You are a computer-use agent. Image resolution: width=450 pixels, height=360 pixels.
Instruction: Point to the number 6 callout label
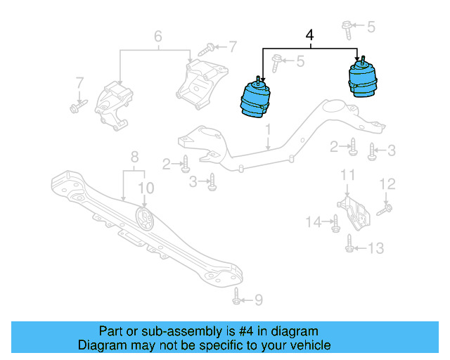click(157, 36)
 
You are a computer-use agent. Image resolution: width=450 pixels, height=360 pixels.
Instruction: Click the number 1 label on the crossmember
click(268, 129)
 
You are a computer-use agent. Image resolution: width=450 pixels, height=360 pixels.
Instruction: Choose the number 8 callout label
click(134, 157)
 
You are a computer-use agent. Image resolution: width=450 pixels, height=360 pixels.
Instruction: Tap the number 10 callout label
click(145, 188)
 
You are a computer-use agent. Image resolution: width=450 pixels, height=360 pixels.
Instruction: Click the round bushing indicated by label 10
click(145, 219)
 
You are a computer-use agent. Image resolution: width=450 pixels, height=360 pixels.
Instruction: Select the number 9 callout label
click(258, 300)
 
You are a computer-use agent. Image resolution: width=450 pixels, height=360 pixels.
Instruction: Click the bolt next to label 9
click(237, 297)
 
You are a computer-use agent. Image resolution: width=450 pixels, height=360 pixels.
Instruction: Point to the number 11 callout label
click(347, 174)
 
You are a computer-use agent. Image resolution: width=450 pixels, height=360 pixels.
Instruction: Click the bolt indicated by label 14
click(335, 224)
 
